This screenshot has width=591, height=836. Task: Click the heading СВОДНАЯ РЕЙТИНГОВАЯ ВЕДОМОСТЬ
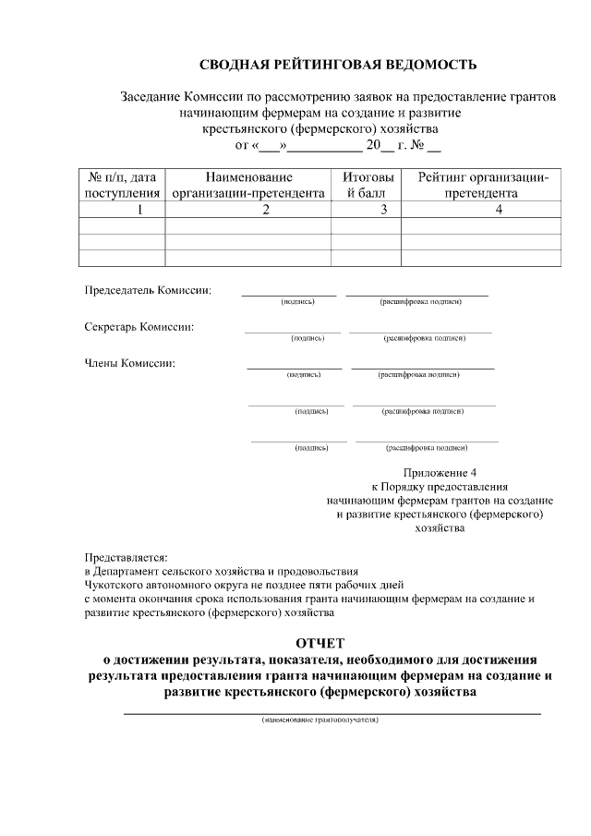338,65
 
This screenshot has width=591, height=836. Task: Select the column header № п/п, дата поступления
122,185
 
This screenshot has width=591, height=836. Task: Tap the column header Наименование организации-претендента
249,185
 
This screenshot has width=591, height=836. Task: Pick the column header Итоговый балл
367,185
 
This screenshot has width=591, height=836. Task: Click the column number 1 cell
122,210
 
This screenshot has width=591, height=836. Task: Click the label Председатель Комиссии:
148,290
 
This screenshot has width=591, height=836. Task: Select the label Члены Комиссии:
130,362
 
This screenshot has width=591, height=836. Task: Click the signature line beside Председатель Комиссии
289,294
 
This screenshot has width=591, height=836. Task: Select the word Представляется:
126,558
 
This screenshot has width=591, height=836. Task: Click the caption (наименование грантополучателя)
320,720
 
